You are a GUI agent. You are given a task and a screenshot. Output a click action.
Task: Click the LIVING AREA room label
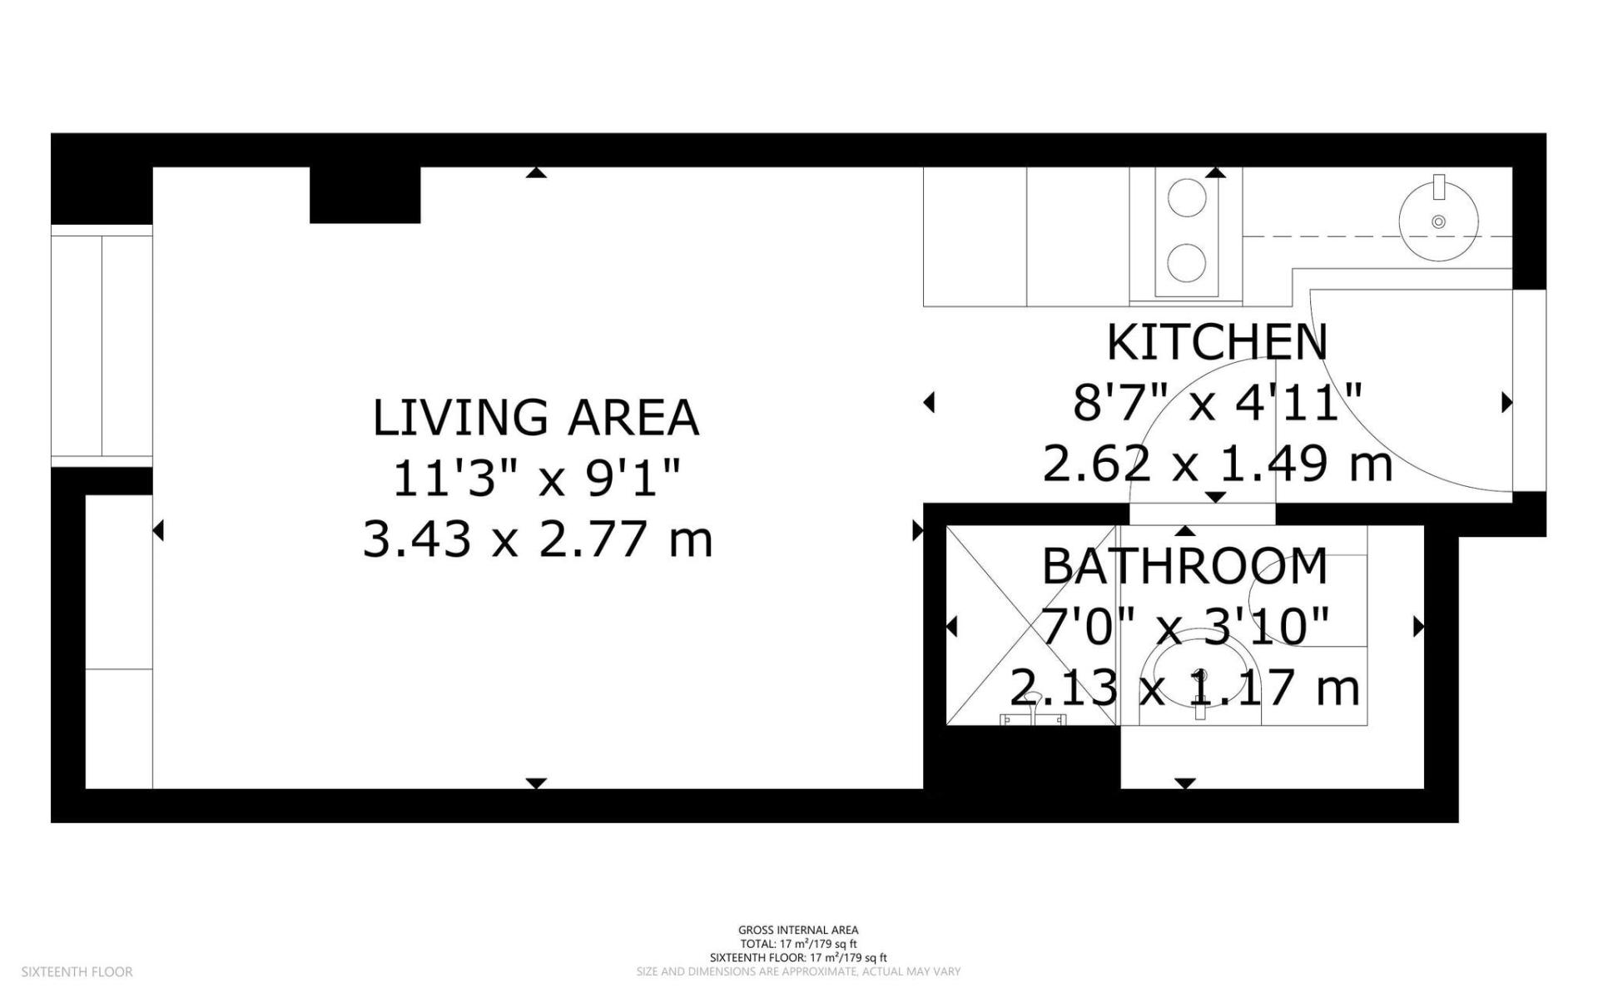535,418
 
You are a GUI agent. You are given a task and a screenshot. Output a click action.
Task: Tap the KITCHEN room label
1216,342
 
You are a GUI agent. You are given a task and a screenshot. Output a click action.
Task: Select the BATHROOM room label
1184,567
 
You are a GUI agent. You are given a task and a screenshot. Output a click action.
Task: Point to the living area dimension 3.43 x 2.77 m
538,539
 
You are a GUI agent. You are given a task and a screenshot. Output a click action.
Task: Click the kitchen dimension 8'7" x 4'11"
1216,403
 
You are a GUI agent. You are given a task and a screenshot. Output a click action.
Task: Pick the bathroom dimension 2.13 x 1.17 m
1184,688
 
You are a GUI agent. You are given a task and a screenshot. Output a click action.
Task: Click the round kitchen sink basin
1438,221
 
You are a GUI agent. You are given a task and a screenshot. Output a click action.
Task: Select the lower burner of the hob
1187,264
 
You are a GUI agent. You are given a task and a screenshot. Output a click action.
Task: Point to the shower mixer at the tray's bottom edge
1034,718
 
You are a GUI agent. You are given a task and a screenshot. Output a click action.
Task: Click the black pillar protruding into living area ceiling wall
365,195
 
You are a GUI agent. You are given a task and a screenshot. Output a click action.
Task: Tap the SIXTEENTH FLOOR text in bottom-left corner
77,971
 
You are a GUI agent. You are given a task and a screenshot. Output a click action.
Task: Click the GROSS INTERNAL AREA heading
798,931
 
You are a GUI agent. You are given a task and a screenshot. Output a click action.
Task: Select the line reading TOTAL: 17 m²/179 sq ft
798,944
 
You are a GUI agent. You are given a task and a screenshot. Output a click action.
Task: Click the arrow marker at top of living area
537,172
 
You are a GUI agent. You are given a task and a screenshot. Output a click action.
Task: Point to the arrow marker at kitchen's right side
1506,403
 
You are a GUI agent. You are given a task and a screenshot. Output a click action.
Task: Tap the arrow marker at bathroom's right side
1419,626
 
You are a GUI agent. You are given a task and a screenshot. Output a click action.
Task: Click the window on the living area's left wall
102,346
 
